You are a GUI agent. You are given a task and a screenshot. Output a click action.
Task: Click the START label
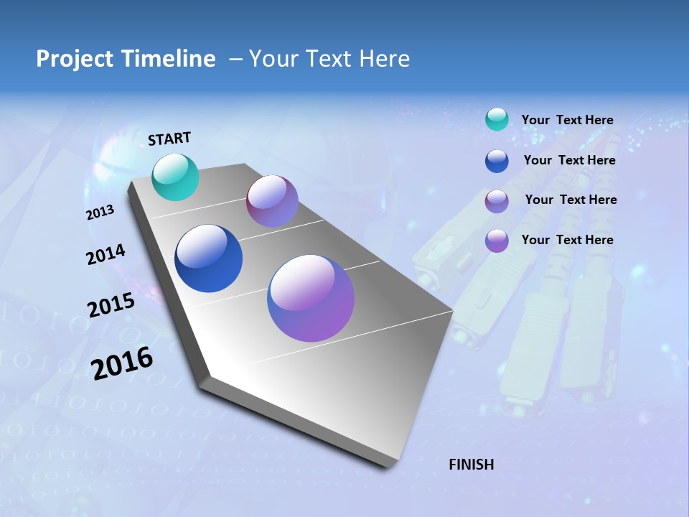[169, 139]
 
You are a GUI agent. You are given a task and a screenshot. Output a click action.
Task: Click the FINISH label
[472, 465]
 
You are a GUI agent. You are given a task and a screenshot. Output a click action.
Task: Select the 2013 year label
[100, 212]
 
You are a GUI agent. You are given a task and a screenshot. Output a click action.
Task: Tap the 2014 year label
[106, 254]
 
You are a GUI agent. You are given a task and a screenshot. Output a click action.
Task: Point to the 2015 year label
[111, 305]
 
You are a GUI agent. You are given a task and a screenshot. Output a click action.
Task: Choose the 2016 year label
[123, 363]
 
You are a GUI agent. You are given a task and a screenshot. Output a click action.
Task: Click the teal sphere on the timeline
[176, 177]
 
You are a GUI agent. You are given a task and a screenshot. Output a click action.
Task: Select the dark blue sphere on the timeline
[208, 258]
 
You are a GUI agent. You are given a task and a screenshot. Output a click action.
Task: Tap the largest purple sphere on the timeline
[311, 298]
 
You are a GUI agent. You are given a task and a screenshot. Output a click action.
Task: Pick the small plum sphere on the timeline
[272, 201]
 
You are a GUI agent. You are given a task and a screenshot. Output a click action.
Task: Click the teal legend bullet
[497, 120]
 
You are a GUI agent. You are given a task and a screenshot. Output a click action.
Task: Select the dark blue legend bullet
[497, 161]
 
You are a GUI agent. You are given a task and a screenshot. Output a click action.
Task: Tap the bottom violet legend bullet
[497, 241]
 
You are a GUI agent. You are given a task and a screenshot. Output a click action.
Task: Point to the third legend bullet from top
[497, 201]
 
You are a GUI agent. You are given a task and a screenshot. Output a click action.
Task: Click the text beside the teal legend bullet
[567, 120]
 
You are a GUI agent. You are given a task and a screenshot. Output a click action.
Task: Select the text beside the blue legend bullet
[569, 160]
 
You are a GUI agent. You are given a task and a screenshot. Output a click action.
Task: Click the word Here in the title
[384, 59]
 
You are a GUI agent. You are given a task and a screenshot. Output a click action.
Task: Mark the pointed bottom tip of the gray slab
[388, 469]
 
